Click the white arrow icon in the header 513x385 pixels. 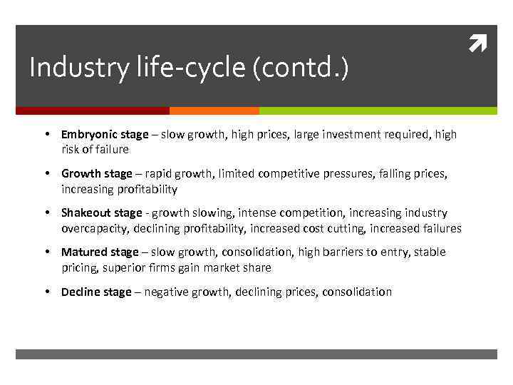point(476,46)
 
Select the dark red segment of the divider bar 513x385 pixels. point(93,111)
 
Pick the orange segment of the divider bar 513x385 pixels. point(214,111)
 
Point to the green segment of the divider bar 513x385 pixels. point(378,111)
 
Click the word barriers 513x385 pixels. point(363,252)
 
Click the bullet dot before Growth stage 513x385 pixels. point(46,174)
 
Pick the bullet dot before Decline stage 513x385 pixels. point(46,292)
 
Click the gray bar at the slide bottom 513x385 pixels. point(256,354)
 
